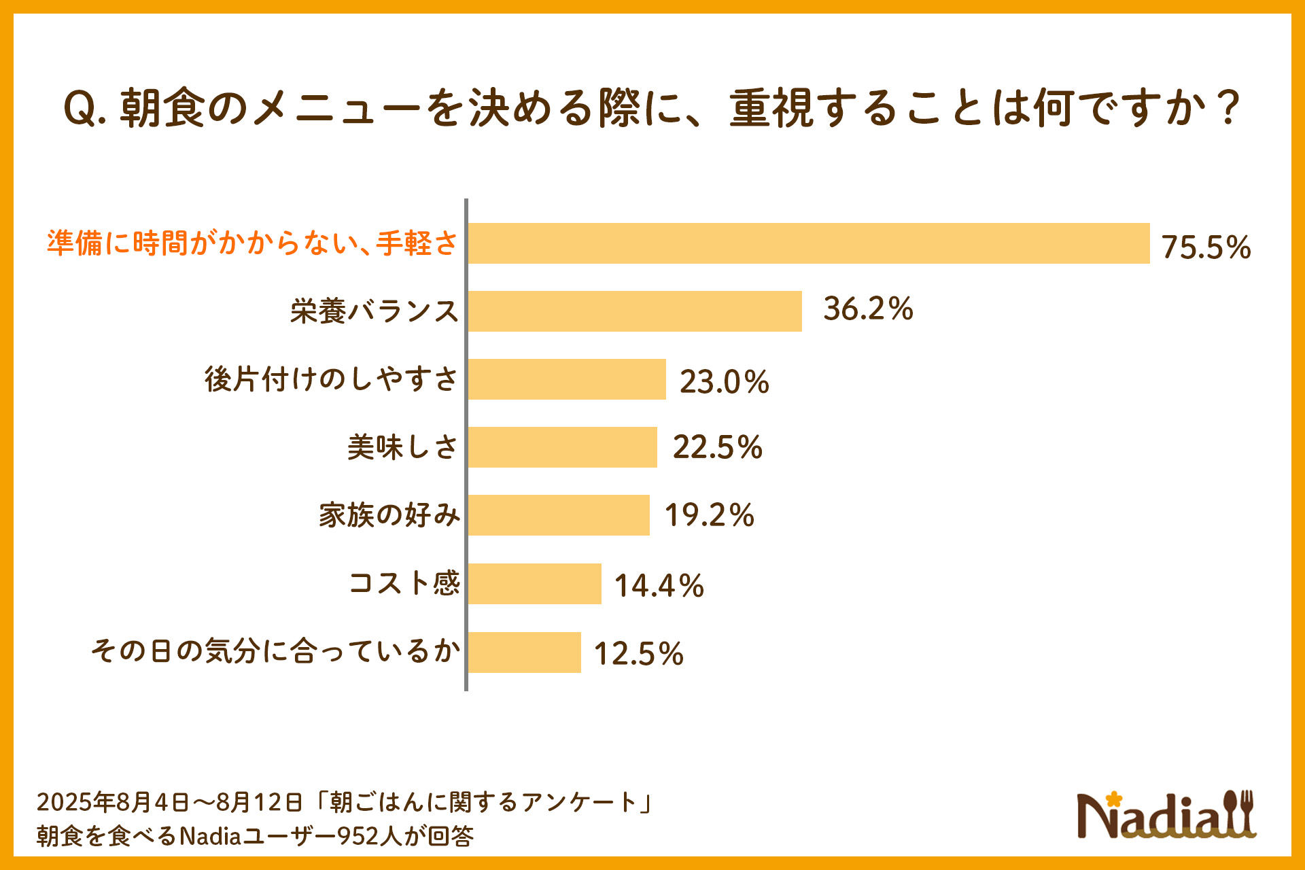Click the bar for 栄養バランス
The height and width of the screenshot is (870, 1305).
click(x=635, y=311)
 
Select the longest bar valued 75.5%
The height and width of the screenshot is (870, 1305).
click(x=809, y=243)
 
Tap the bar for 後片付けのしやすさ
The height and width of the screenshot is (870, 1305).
click(x=567, y=379)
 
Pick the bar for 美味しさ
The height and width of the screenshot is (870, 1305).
click(x=563, y=447)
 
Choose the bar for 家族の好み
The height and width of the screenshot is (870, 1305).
click(x=559, y=515)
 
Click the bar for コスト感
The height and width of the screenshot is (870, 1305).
click(x=535, y=584)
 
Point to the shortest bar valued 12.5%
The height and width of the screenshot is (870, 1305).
click(x=525, y=652)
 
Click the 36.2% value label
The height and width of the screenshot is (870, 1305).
click(x=868, y=309)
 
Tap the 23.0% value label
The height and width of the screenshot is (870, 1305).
click(x=724, y=381)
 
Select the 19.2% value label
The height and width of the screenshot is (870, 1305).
click(x=709, y=515)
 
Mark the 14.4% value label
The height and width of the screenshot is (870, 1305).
click(x=659, y=586)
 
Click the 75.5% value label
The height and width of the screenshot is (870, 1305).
click(x=1206, y=247)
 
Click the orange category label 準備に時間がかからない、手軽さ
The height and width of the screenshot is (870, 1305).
click(x=252, y=243)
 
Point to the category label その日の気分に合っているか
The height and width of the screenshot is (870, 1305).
click(x=275, y=651)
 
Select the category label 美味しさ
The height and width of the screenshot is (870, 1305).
click(x=402, y=447)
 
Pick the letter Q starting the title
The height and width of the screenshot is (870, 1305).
click(x=80, y=109)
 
